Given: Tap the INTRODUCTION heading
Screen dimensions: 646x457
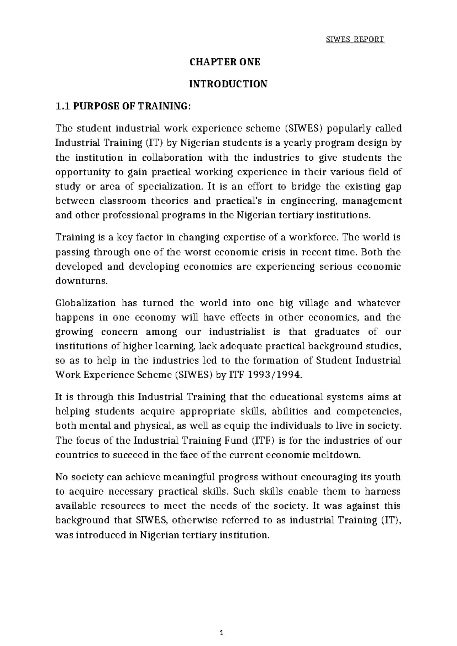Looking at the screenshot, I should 228,84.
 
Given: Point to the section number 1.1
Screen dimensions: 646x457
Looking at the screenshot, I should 63,106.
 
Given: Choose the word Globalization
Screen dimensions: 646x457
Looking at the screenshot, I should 85,303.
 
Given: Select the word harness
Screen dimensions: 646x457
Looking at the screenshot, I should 382,492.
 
